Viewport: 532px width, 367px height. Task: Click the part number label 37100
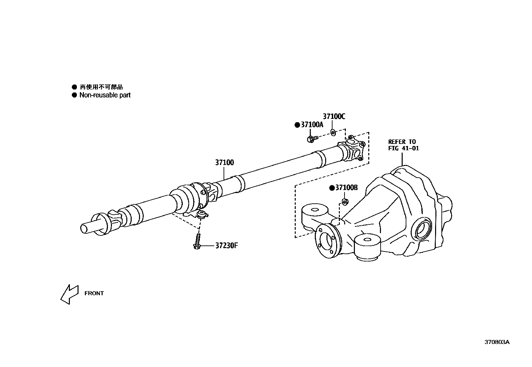[224, 163]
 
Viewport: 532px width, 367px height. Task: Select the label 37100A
[312, 125]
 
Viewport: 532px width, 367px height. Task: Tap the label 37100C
[334, 116]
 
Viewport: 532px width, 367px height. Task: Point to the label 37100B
[346, 188]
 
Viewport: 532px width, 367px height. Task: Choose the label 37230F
[226, 246]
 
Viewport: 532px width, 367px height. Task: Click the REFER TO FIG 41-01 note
[403, 145]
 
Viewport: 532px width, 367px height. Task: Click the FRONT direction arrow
[69, 294]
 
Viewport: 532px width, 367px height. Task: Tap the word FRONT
[94, 294]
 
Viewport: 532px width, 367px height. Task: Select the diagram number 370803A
[497, 342]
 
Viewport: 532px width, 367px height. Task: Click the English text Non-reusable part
[105, 95]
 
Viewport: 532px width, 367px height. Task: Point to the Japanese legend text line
[101, 87]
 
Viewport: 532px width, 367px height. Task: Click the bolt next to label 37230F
[197, 242]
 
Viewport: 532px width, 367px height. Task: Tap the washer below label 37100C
[333, 133]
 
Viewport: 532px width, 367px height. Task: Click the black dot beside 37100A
[297, 125]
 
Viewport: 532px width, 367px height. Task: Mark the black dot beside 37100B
[332, 188]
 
